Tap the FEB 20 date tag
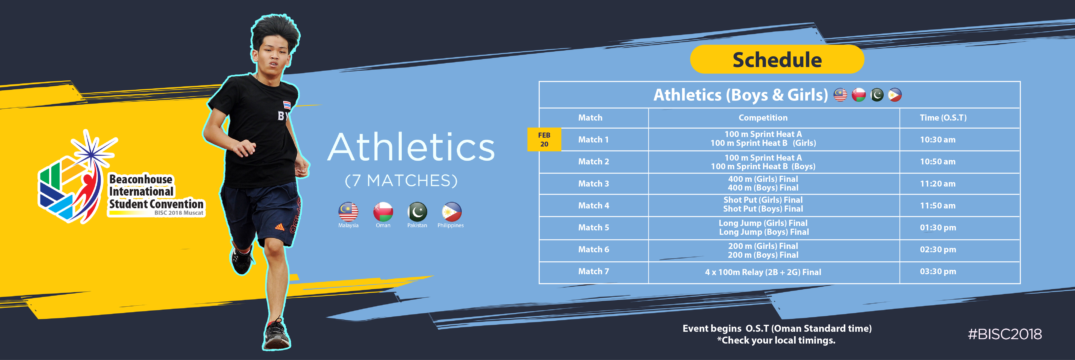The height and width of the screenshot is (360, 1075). tap(544, 139)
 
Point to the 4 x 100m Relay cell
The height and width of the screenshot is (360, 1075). tap(763, 272)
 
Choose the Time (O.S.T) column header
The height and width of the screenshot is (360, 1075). tap(943, 118)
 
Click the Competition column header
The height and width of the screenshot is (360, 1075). tap(763, 118)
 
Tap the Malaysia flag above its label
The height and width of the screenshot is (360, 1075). tap(348, 211)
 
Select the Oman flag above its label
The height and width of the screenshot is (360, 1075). tap(383, 211)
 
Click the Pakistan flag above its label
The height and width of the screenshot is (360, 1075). tap(417, 211)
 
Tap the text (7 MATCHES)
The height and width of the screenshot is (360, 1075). tap(401, 181)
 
